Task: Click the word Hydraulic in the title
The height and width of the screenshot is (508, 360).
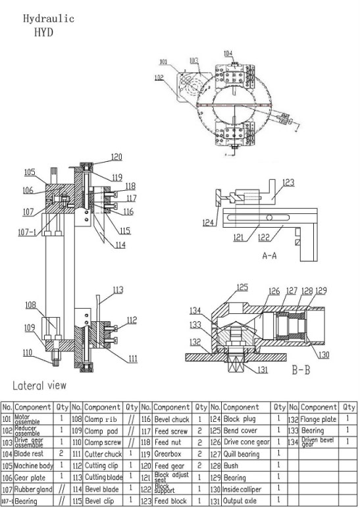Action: coord(49,18)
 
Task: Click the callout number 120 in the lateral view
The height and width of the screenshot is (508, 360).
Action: coord(116,157)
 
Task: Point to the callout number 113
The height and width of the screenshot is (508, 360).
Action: coord(117,289)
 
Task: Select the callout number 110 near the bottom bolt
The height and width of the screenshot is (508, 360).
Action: coord(26,353)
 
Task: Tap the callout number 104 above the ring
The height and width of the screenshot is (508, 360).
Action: coord(228,53)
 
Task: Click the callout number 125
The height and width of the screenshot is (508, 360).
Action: coord(243,287)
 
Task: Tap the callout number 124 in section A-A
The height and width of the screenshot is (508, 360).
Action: coord(209,222)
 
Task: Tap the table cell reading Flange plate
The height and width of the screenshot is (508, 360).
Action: coord(319,419)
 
